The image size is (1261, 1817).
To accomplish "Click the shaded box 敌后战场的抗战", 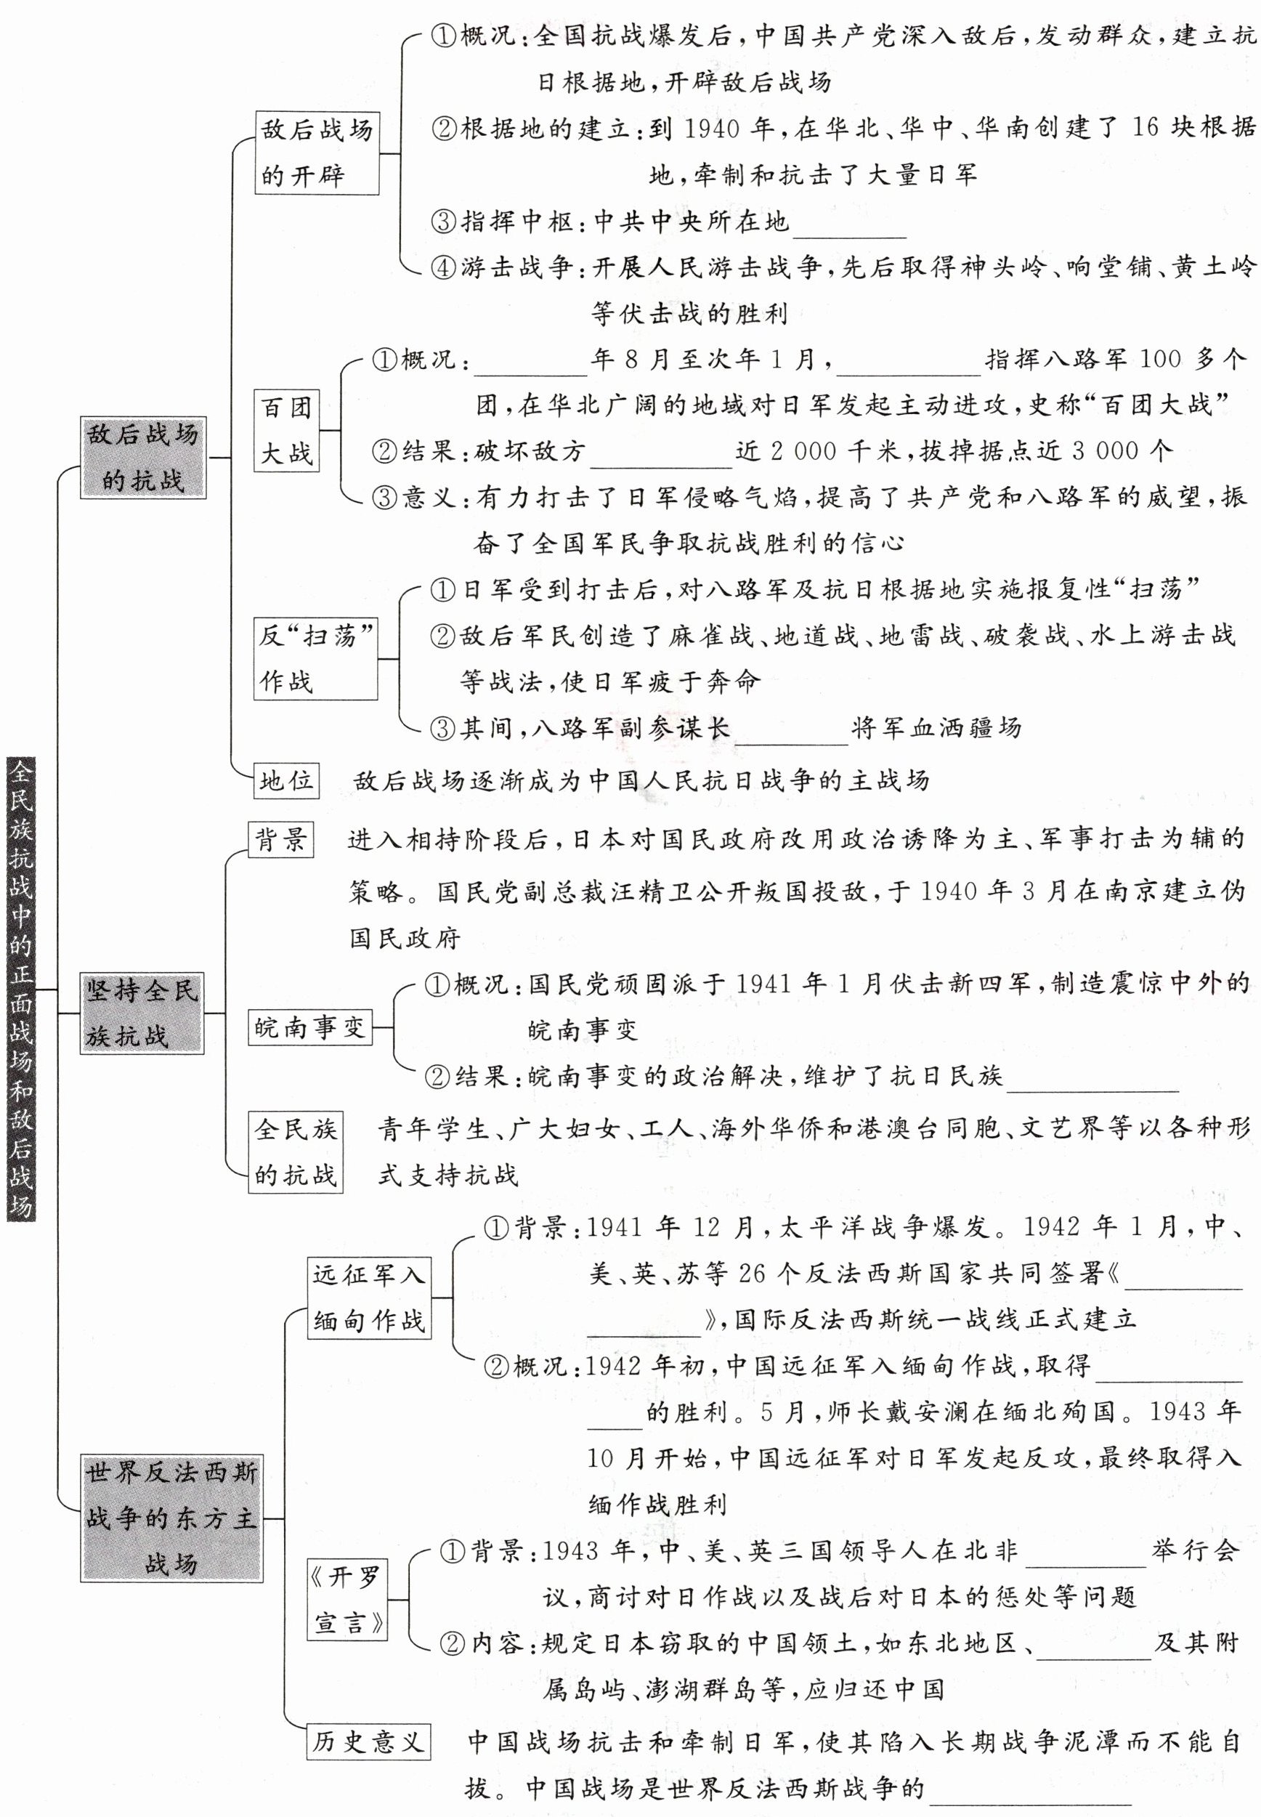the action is (x=143, y=458).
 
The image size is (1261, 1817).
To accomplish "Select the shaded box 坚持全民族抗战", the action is (x=142, y=1013).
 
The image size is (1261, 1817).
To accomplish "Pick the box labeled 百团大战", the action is (x=286, y=431).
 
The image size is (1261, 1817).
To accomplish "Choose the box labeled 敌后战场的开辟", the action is (x=317, y=153).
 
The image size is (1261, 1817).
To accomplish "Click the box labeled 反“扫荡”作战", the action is (x=317, y=659).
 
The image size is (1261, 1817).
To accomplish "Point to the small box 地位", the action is (x=286, y=780).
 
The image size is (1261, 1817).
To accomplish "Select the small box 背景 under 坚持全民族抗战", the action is (x=281, y=839).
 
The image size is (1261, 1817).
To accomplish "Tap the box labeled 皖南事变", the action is (x=309, y=1027).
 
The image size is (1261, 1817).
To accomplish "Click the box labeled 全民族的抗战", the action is (x=296, y=1153).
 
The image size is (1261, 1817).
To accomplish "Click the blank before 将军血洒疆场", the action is (x=791, y=730).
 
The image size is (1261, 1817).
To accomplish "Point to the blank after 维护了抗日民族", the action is (x=1092, y=1077).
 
